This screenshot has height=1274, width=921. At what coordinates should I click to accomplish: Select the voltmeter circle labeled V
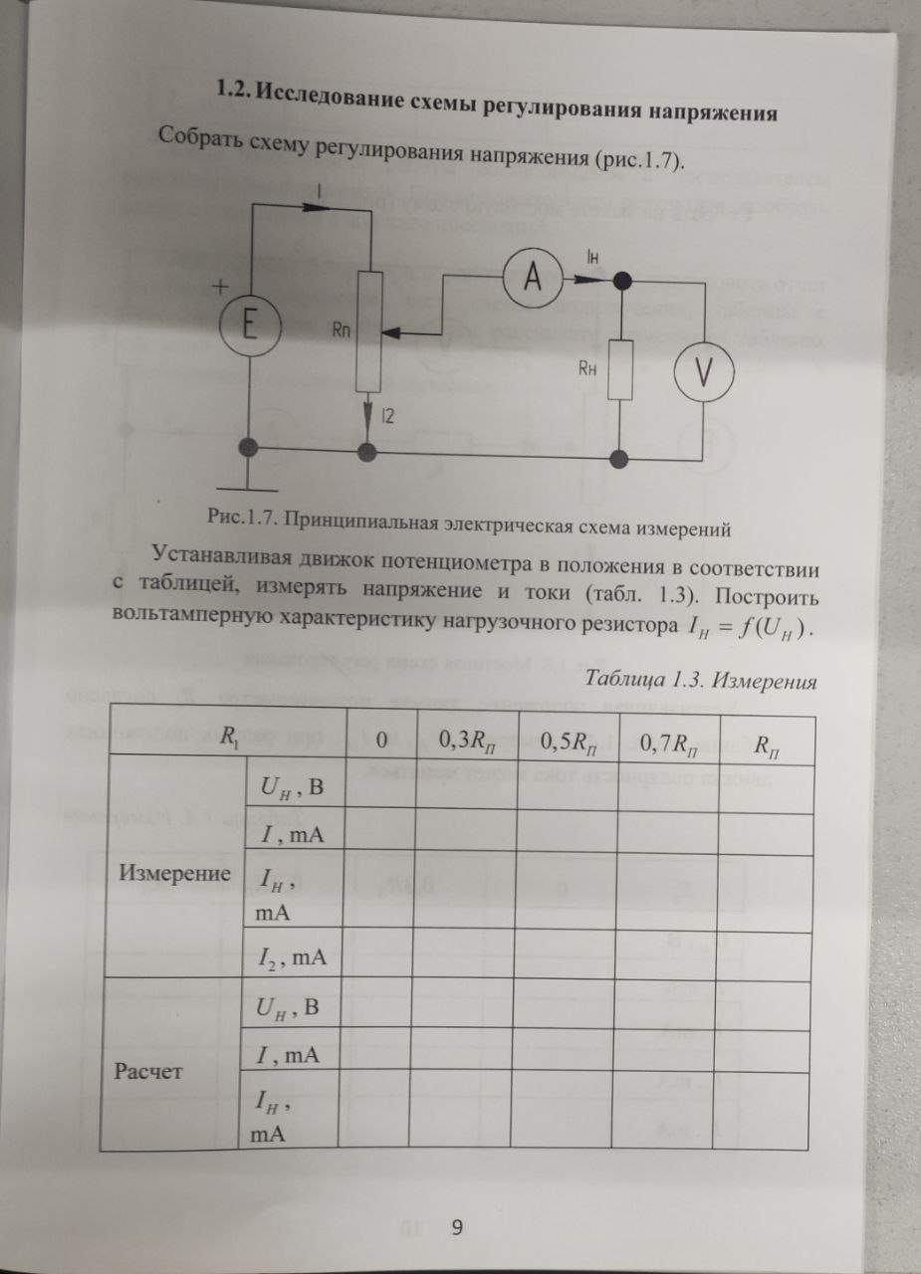705,371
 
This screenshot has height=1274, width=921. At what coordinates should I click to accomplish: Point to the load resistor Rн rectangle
620,368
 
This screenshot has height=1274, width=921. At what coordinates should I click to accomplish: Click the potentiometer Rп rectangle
368,332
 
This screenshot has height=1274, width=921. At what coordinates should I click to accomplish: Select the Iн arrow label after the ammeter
593,260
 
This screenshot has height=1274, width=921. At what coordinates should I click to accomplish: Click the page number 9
457,1227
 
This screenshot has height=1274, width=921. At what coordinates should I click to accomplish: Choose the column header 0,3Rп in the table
465,742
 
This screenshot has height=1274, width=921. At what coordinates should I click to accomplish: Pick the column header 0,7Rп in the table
666,742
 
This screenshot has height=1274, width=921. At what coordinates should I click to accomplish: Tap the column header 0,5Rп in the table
566,742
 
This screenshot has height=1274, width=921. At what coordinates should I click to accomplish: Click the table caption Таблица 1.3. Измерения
701,682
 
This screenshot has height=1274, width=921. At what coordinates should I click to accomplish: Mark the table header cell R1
229,738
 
